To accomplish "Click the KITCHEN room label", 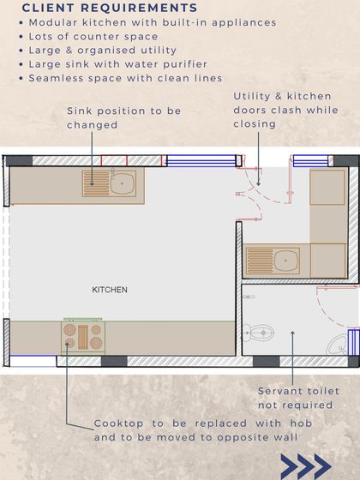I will point(110,290).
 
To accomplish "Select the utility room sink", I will point(273,261).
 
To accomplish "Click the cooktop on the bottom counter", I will point(83,336).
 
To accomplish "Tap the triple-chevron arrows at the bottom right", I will point(305,466).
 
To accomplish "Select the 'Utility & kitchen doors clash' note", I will point(285,110).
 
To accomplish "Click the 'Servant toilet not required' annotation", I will point(296,398).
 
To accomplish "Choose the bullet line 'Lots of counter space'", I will point(93,36).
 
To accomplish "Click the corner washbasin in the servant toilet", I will point(339,345).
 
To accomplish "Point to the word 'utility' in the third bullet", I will point(158,51).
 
